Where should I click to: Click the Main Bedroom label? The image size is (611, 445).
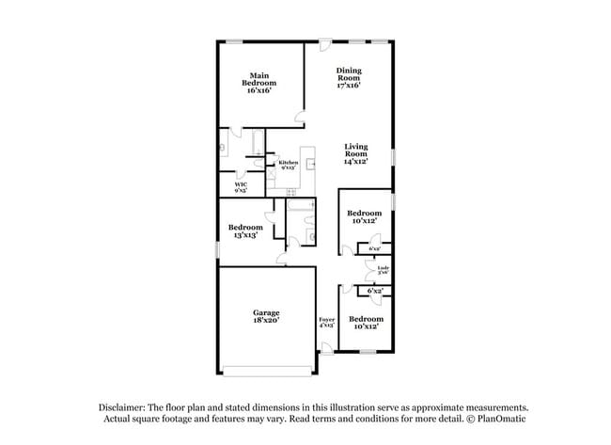(261, 84)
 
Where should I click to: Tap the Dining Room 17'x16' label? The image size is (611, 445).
(349, 77)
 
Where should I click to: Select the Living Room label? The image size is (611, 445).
(355, 153)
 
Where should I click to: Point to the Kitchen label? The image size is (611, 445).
(288, 165)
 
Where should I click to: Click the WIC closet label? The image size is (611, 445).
(241, 187)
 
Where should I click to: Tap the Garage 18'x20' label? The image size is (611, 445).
(265, 316)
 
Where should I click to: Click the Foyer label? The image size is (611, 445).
(326, 323)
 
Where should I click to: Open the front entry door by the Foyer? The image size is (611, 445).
(326, 348)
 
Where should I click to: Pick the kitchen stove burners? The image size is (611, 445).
(290, 194)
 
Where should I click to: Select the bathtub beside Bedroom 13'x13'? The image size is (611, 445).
(300, 206)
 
